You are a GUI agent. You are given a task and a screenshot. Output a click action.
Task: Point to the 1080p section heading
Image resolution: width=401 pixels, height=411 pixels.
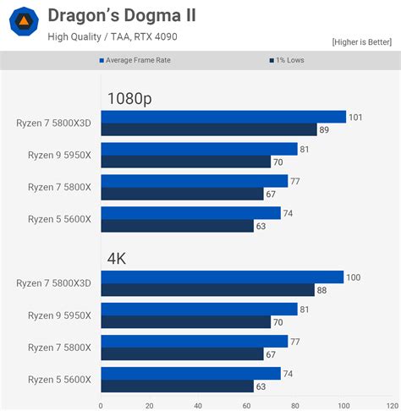point(129,98)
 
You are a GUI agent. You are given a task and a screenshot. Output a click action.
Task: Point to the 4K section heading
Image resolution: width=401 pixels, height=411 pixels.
point(116,258)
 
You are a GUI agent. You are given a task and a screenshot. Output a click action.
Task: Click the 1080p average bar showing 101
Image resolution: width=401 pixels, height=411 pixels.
point(222,117)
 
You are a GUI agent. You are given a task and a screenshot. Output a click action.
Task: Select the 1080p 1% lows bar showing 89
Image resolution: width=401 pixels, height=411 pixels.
point(210,129)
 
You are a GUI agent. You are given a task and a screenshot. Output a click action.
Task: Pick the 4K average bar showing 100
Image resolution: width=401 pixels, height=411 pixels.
point(222,277)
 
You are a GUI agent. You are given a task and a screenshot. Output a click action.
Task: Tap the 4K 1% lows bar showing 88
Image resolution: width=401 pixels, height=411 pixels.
point(207,290)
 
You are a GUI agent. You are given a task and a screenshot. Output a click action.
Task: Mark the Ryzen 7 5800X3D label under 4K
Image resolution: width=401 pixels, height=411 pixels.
point(53,283)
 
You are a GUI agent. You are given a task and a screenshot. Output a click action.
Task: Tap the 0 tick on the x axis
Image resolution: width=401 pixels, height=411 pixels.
point(101,404)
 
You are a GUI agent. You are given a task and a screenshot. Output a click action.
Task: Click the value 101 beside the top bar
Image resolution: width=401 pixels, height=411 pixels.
point(355,117)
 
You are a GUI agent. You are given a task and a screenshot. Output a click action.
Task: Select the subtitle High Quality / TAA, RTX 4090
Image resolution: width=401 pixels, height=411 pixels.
point(113,36)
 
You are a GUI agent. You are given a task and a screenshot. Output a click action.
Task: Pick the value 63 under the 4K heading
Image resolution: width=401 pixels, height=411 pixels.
point(261,386)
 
